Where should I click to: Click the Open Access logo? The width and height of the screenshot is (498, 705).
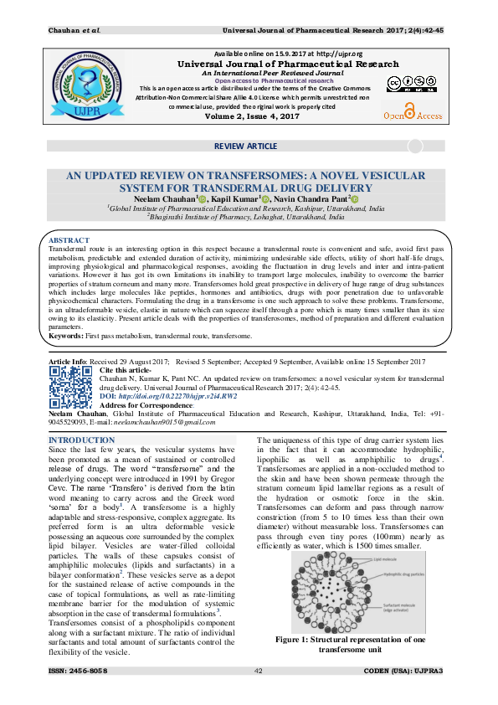tap(412, 112)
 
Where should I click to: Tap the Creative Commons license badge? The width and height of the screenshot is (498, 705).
tap(405, 84)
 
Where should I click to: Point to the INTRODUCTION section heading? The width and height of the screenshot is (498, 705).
tap(82, 440)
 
